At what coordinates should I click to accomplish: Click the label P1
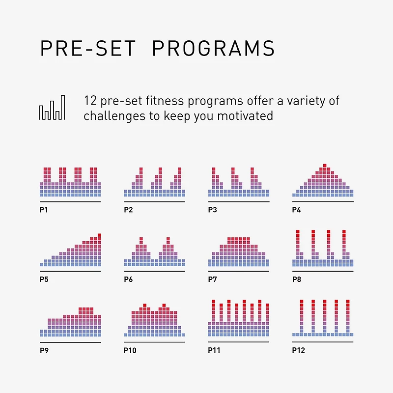point(43,210)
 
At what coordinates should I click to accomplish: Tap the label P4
point(296,210)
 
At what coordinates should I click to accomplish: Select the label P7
point(212,280)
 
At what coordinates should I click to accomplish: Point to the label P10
point(130,350)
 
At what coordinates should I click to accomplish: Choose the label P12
point(298,350)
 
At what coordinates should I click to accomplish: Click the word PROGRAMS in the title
point(213,49)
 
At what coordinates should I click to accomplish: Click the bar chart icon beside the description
point(52,108)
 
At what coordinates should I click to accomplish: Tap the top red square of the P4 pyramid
point(325,166)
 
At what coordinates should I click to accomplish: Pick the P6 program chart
point(154,253)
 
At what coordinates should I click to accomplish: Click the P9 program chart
point(70,323)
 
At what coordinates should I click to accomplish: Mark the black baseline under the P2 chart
point(154,201)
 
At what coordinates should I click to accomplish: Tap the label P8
point(296,280)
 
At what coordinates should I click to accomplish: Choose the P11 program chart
point(239,319)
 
